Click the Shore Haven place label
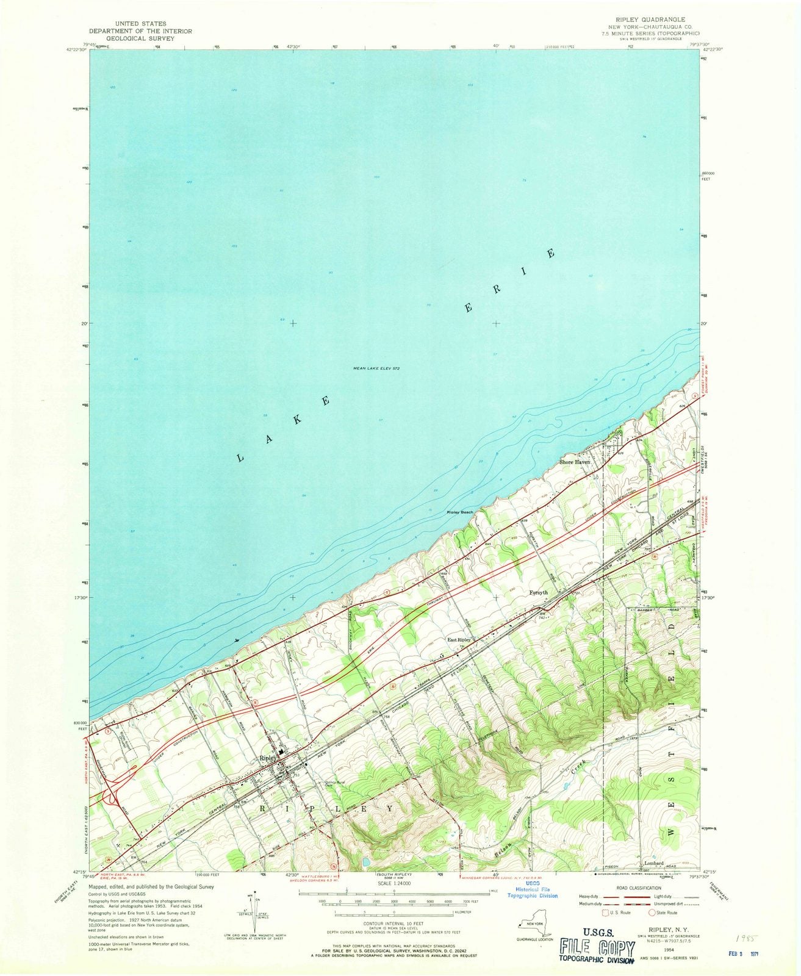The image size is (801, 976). (575, 462)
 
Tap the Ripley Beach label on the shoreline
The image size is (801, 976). (460, 512)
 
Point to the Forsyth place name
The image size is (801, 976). (538, 592)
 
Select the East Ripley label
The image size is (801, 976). (459, 640)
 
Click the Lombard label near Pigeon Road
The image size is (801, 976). (653, 863)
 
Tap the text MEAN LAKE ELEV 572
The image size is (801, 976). (376, 368)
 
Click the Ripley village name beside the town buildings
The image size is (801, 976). (268, 758)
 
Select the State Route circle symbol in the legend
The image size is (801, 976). (652, 912)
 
